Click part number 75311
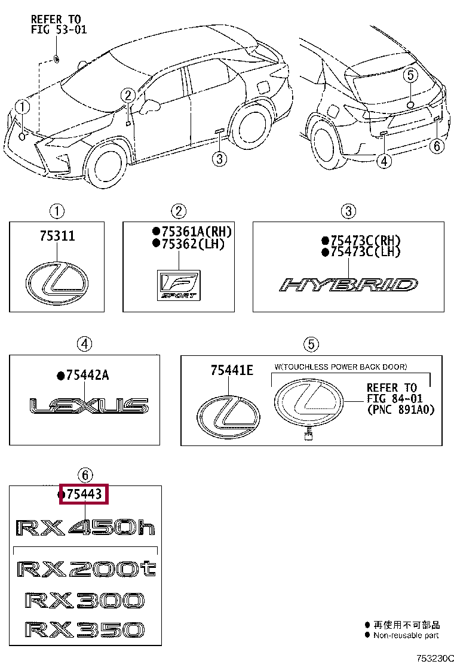coord(57,236)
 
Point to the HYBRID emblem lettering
coord(349,285)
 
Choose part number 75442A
coord(87,375)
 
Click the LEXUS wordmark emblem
coord(89,407)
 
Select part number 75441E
coord(232,371)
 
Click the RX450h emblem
coord(85,527)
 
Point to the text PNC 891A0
coord(400,410)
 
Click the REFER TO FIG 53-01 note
coord(59,24)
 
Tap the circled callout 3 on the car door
coord(219,158)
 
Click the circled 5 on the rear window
coord(409,75)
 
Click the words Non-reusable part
coord(406,635)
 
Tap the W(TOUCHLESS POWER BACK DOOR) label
coord(340,366)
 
